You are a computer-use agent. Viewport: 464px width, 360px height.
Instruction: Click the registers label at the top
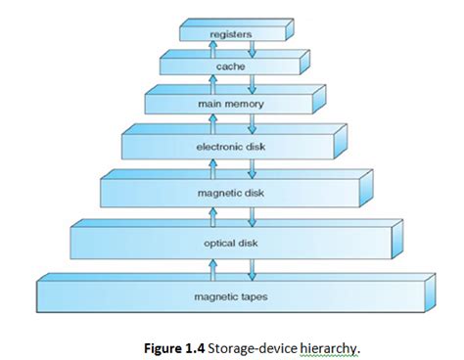click(x=231, y=34)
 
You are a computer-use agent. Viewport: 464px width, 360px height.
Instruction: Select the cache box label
click(x=231, y=67)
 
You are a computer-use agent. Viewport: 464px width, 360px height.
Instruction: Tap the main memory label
click(x=231, y=103)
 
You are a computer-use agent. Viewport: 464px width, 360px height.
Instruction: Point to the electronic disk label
click(x=231, y=147)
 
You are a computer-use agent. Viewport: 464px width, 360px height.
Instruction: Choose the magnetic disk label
click(x=231, y=192)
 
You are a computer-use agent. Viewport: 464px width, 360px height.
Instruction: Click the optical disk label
click(x=231, y=241)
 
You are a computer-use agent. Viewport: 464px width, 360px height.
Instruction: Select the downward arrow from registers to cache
click(x=252, y=49)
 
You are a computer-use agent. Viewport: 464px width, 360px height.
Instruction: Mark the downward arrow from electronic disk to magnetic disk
click(x=252, y=168)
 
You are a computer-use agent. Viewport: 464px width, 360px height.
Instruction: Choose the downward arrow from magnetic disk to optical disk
click(x=252, y=215)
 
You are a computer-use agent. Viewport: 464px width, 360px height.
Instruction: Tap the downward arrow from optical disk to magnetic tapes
click(x=252, y=266)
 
